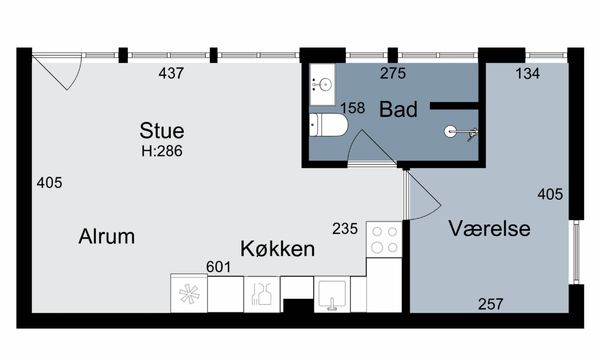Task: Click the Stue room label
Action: pyautogui.click(x=162, y=130)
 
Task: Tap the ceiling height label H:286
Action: pyautogui.click(x=162, y=151)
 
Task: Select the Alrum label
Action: pyautogui.click(x=107, y=236)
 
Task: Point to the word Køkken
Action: pyautogui.click(x=277, y=249)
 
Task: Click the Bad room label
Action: pyautogui.click(x=398, y=109)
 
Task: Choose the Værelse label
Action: pyautogui.click(x=489, y=228)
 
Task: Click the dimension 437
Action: pyautogui.click(x=171, y=73)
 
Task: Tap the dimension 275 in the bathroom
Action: pyautogui.click(x=393, y=73)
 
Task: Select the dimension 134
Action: pyautogui.click(x=528, y=73)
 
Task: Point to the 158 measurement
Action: pyautogui.click(x=353, y=108)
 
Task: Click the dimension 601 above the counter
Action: pyautogui.click(x=218, y=267)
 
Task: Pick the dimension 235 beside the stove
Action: pyautogui.click(x=345, y=229)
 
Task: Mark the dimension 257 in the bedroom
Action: pyautogui.click(x=491, y=304)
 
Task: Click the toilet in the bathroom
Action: pyautogui.click(x=328, y=125)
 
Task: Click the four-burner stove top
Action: pyautogui.click(x=384, y=239)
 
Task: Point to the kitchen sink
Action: pyautogui.click(x=332, y=294)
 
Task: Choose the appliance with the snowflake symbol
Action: pyautogui.click(x=189, y=293)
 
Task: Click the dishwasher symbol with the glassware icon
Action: pyautogui.click(x=262, y=294)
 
